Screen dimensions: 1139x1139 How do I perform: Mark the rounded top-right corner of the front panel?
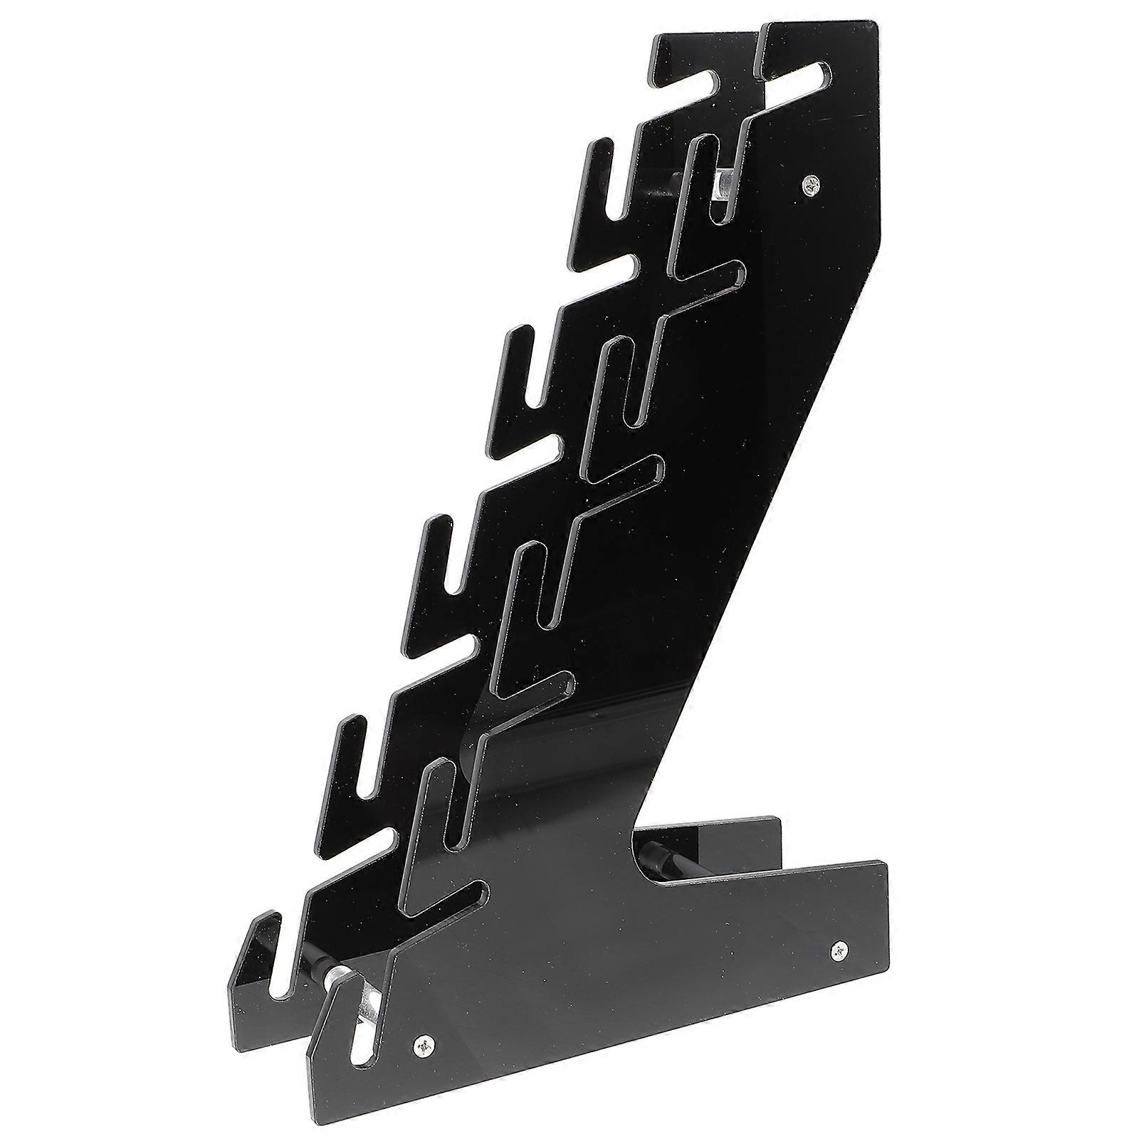coord(873,28)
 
